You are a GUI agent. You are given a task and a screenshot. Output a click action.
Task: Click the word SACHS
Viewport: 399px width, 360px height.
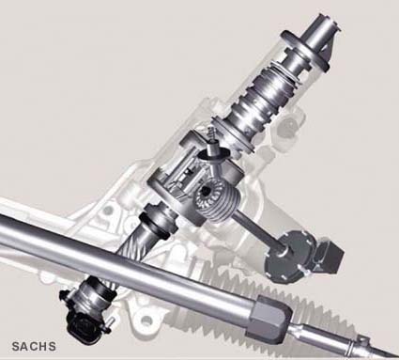34,346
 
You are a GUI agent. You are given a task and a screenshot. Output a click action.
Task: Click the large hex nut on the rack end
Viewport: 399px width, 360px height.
271,319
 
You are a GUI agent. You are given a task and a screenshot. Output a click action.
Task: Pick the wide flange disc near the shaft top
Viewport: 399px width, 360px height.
305,50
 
